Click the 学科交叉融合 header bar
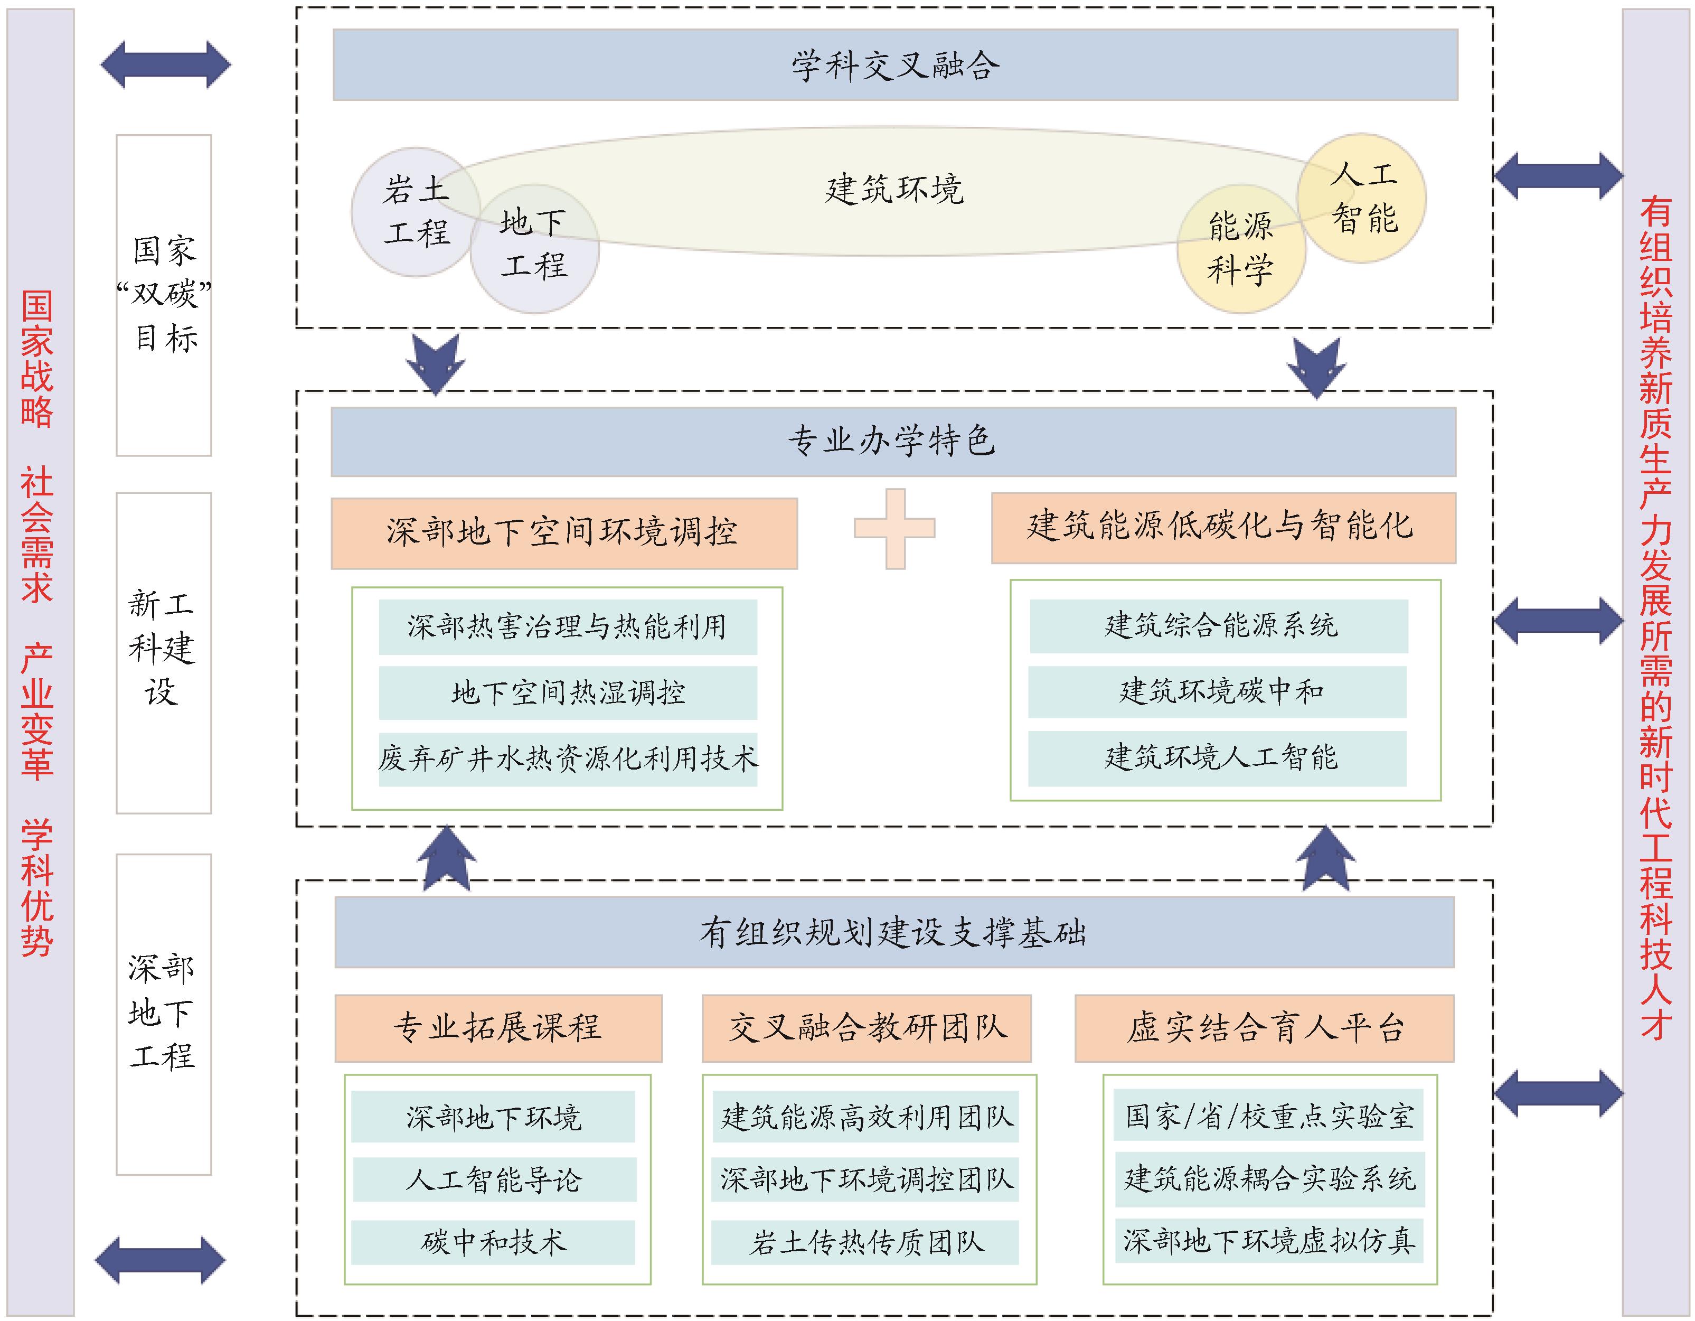coord(895,65)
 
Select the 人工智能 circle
coord(1363,198)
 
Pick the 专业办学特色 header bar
coord(892,442)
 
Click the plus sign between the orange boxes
coord(895,529)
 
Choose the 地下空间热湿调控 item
coord(567,692)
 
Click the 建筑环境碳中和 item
coord(1217,691)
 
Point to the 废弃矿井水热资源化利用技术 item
coord(567,758)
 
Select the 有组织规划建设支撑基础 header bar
coord(894,932)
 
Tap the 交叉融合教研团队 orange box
coord(866,1028)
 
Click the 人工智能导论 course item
coord(494,1180)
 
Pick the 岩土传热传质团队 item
coord(864,1242)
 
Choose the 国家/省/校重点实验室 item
coord(1268,1116)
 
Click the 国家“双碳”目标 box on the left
coord(164,295)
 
